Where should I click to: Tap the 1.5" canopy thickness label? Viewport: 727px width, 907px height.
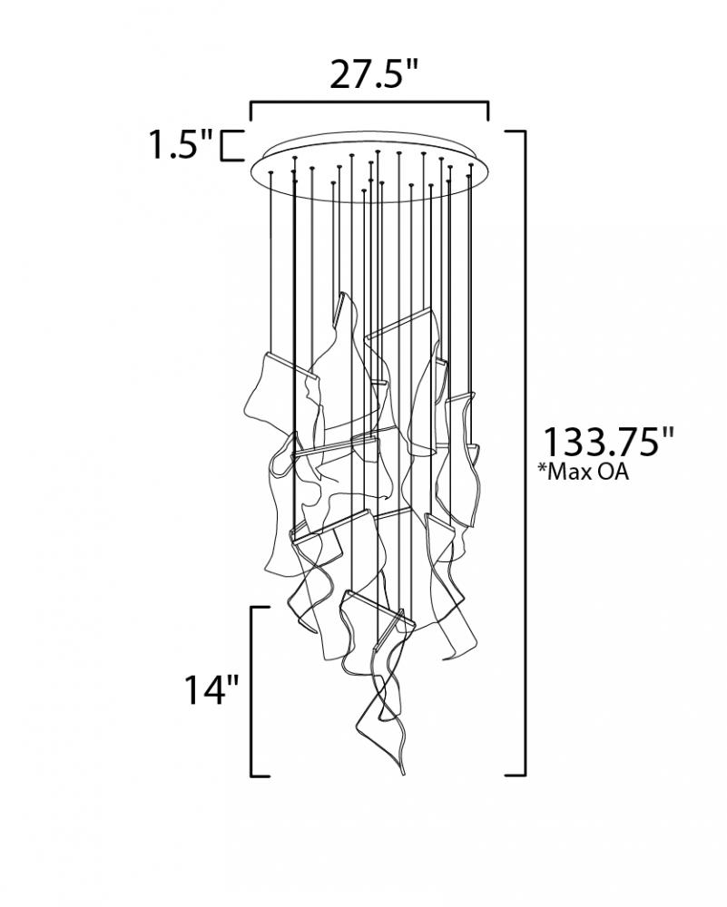coord(182,144)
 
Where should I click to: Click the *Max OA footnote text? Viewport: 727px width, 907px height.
coord(583,472)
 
